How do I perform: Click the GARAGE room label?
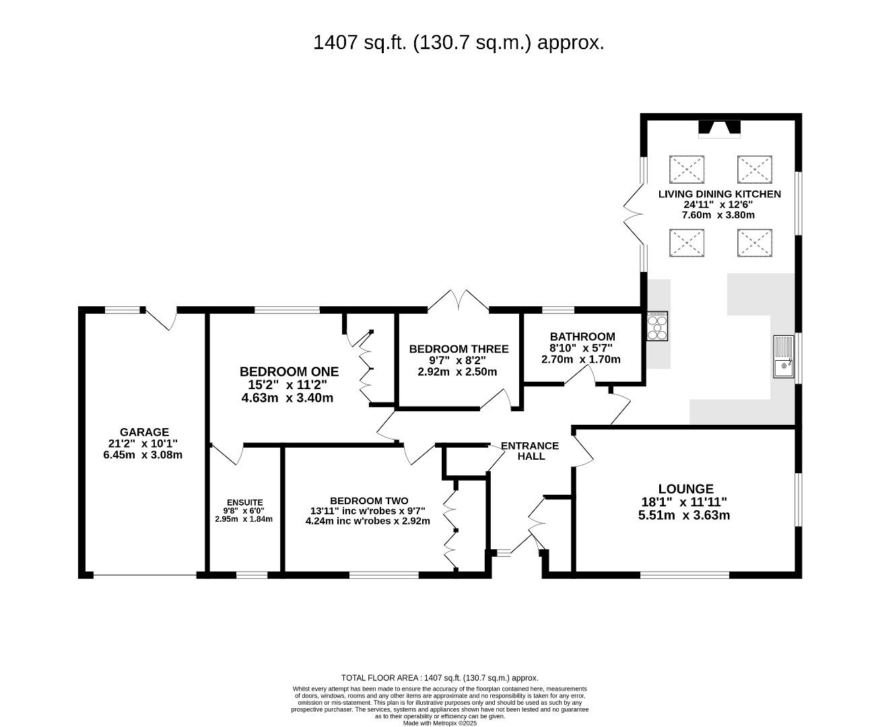point(144,432)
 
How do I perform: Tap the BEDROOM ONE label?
point(289,372)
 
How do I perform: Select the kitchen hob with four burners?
point(657,326)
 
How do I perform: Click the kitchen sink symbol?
point(784,357)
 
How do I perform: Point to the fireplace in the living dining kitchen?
point(720,129)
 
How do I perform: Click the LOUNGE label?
point(685,489)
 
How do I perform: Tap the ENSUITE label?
point(245,502)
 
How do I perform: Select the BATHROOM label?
point(582,337)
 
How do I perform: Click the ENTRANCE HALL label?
point(530,451)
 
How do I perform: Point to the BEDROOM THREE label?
point(459,349)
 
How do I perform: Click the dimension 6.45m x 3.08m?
point(143,455)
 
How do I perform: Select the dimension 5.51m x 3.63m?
point(684,516)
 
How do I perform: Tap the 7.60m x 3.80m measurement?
point(718,215)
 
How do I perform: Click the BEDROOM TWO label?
point(369,501)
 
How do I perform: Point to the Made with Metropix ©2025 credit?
point(440,723)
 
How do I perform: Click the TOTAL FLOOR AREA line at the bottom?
point(440,678)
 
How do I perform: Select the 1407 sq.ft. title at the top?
point(459,42)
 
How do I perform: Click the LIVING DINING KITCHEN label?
point(720,195)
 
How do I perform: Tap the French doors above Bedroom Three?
point(459,300)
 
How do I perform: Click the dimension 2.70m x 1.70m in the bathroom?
point(581,359)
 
